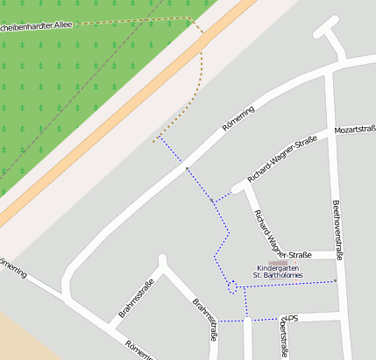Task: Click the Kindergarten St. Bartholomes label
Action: click(278, 272)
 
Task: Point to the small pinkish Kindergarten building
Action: click(278, 262)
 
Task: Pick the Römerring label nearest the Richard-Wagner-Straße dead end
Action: click(238, 119)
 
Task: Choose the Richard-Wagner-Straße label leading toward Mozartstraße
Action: click(282, 159)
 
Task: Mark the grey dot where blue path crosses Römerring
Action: click(186, 166)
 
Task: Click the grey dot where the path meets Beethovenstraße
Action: click(336, 281)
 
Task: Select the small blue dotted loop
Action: click(232, 285)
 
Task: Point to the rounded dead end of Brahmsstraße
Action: click(162, 259)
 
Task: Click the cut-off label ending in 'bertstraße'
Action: click(283, 340)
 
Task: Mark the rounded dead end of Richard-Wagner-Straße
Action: click(238, 188)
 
